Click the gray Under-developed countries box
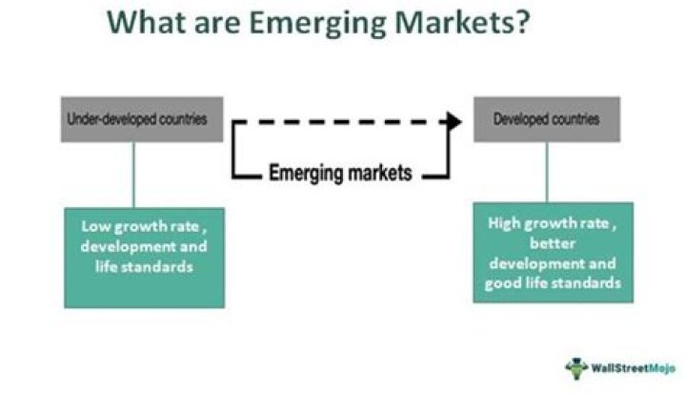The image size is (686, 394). click(142, 119)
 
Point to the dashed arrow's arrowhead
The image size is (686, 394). click(454, 121)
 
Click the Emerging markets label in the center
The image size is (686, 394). click(340, 175)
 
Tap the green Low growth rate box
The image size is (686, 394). click(145, 257)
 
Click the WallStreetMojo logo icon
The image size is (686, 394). click(576, 365)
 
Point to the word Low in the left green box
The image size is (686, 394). click(93, 229)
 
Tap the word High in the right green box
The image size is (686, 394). click(503, 225)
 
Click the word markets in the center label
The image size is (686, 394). click(378, 175)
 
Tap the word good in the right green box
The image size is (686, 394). click(501, 283)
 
